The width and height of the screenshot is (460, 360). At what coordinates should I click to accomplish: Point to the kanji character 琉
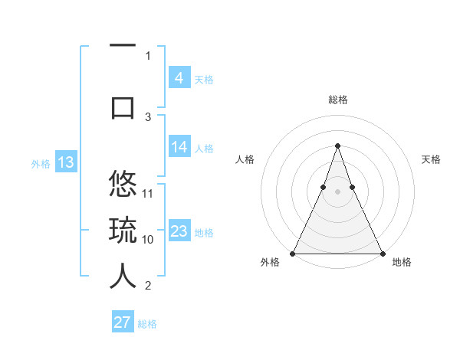[123, 231]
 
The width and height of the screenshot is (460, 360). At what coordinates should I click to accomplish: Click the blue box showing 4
[179, 78]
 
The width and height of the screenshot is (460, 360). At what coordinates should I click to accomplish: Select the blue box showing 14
[179, 147]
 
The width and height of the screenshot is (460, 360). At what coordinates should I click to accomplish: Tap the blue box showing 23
[179, 231]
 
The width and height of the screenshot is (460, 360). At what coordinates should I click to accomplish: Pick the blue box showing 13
[66, 162]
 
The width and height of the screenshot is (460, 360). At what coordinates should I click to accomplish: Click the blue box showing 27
[123, 322]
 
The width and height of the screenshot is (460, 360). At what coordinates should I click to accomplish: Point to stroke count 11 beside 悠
[149, 193]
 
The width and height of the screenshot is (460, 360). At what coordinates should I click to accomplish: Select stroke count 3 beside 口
[149, 116]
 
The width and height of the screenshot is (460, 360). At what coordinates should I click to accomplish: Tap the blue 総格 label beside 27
[147, 324]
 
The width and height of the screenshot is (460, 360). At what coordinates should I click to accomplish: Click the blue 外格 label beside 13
[40, 163]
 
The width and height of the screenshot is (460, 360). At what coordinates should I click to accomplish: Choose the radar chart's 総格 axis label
[337, 100]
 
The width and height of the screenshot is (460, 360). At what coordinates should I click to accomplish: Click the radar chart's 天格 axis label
[431, 159]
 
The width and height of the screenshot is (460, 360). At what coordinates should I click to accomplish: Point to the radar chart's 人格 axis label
[245, 159]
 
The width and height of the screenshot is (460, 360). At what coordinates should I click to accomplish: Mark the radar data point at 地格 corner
[382, 253]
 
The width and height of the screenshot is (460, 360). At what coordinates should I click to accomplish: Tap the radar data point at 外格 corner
[293, 253]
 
